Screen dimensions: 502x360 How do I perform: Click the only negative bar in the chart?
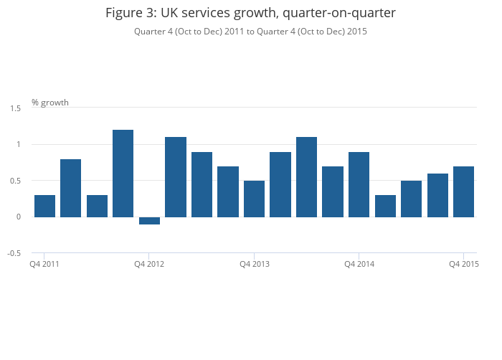[149, 221]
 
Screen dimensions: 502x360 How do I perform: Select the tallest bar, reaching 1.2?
[123, 174]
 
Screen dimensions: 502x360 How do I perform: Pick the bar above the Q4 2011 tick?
[44, 207]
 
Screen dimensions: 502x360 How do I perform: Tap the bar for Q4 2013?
[254, 199]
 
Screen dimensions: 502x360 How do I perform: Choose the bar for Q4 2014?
[359, 185]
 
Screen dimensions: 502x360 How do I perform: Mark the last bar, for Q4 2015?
[463, 192]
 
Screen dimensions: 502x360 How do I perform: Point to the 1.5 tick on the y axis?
[15, 108]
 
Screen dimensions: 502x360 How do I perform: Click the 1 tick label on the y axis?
[19, 144]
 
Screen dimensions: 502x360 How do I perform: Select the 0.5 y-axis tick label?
[15, 181]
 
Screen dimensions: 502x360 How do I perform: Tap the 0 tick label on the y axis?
[19, 217]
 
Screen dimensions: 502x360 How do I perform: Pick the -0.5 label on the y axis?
[14, 253]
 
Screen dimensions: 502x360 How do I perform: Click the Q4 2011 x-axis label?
[44, 264]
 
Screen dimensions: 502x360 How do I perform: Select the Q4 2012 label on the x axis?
[149, 264]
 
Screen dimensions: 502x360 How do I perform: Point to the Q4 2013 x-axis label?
[255, 264]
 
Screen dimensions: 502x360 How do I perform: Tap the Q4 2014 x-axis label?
[359, 264]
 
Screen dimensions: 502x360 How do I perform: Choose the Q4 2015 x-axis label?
[464, 264]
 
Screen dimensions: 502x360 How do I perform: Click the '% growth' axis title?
[50, 103]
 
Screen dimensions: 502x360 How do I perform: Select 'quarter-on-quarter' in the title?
[339, 14]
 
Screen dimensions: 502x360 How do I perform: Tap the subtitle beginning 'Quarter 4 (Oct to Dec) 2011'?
[250, 32]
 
